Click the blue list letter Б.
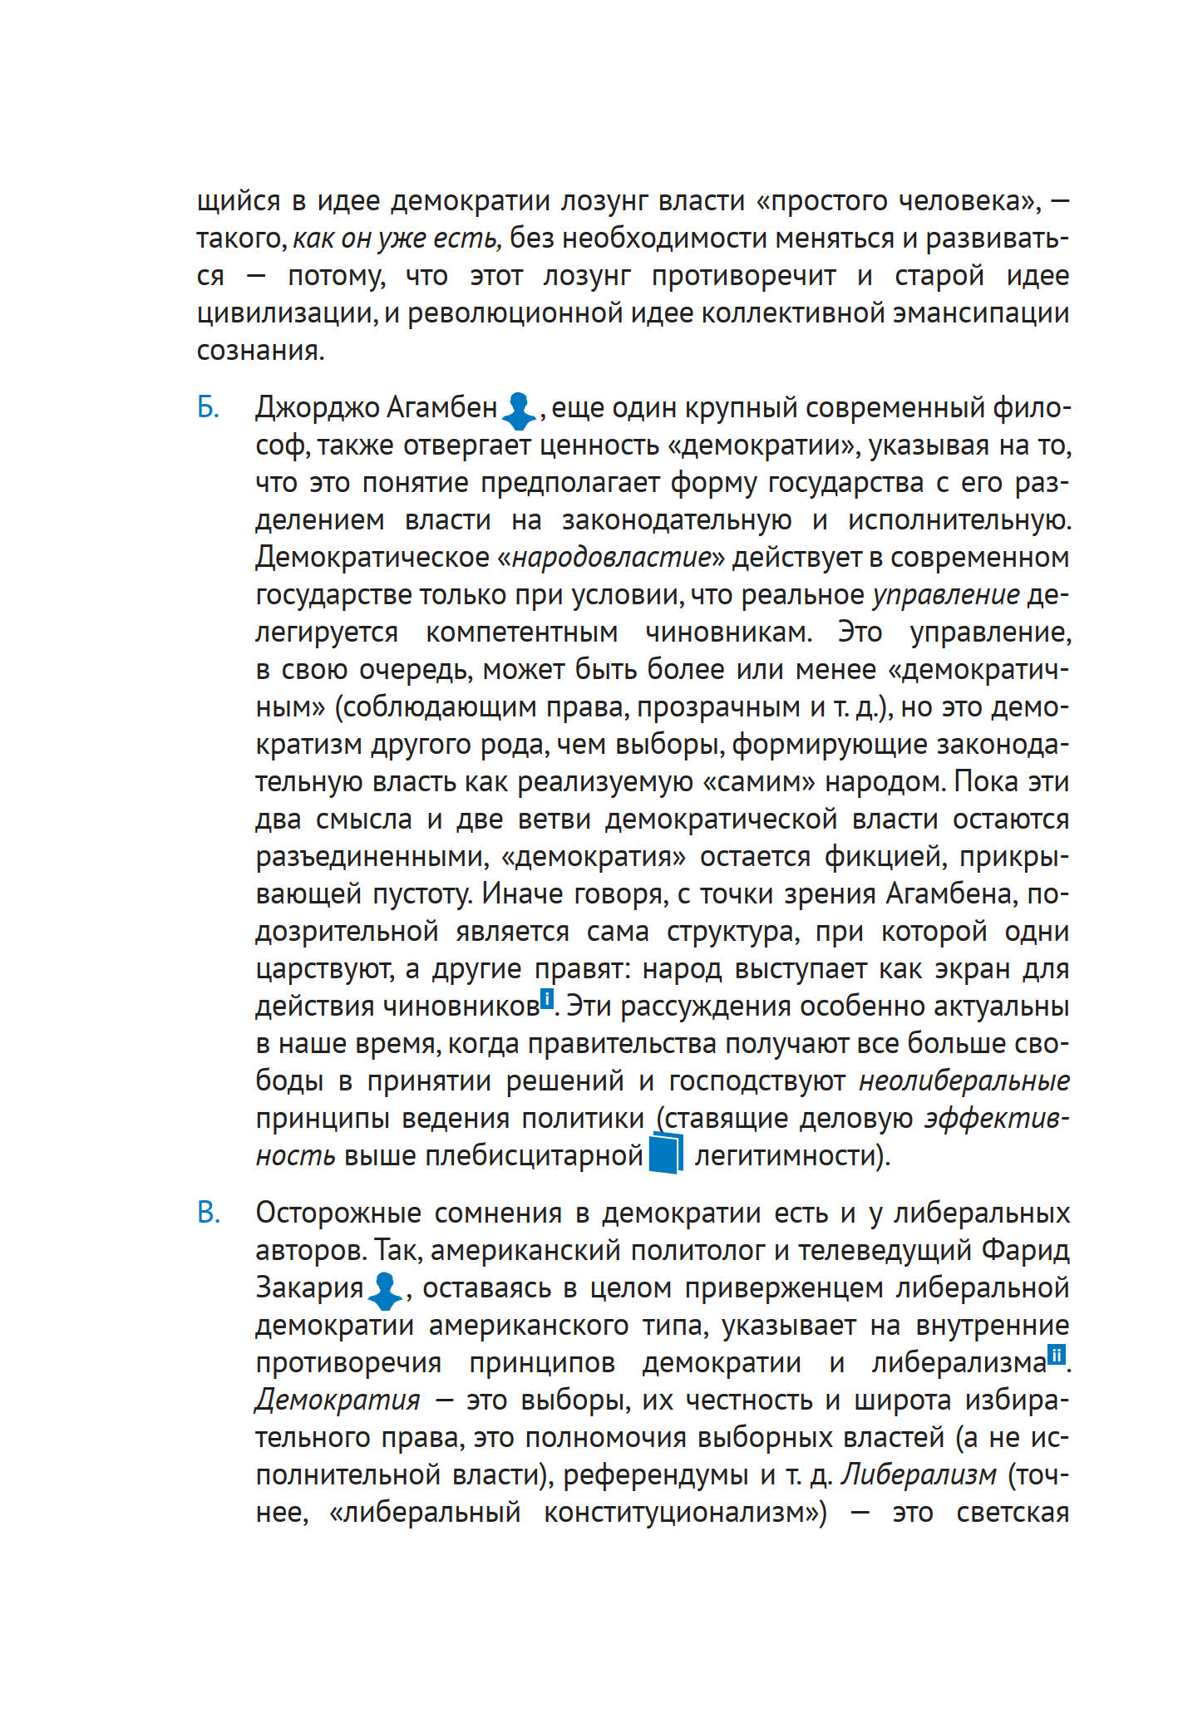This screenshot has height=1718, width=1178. point(208,408)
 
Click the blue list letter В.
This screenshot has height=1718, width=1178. point(209,1213)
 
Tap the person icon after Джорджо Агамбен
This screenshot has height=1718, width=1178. point(520,410)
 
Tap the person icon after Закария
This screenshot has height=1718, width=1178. point(384,1290)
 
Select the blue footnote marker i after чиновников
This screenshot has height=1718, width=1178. point(546,998)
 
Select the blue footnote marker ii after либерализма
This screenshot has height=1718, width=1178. point(1056,1355)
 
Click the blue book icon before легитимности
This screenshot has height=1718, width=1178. point(665,1154)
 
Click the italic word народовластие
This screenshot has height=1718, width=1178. point(612,557)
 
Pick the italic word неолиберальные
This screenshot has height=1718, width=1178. point(964,1081)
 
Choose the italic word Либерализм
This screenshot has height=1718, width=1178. point(918,1474)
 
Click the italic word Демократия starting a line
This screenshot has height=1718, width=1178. point(338,1400)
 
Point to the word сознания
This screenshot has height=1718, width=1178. point(259,351)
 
